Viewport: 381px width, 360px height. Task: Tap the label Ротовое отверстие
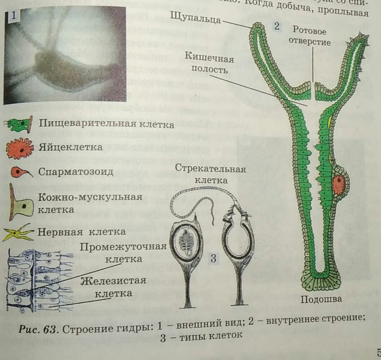(x=311, y=36)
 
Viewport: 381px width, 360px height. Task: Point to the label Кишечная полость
(x=210, y=63)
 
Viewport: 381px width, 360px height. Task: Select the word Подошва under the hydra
(x=321, y=300)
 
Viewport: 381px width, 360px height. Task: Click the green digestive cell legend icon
(x=18, y=125)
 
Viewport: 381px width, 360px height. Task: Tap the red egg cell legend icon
(x=20, y=148)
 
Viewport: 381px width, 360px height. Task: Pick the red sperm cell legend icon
(x=20, y=172)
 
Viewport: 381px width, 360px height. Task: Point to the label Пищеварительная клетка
(x=107, y=124)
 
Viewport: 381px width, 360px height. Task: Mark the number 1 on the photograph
(x=13, y=16)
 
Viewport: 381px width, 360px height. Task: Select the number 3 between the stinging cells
(x=213, y=258)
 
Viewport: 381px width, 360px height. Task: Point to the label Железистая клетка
(x=114, y=287)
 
